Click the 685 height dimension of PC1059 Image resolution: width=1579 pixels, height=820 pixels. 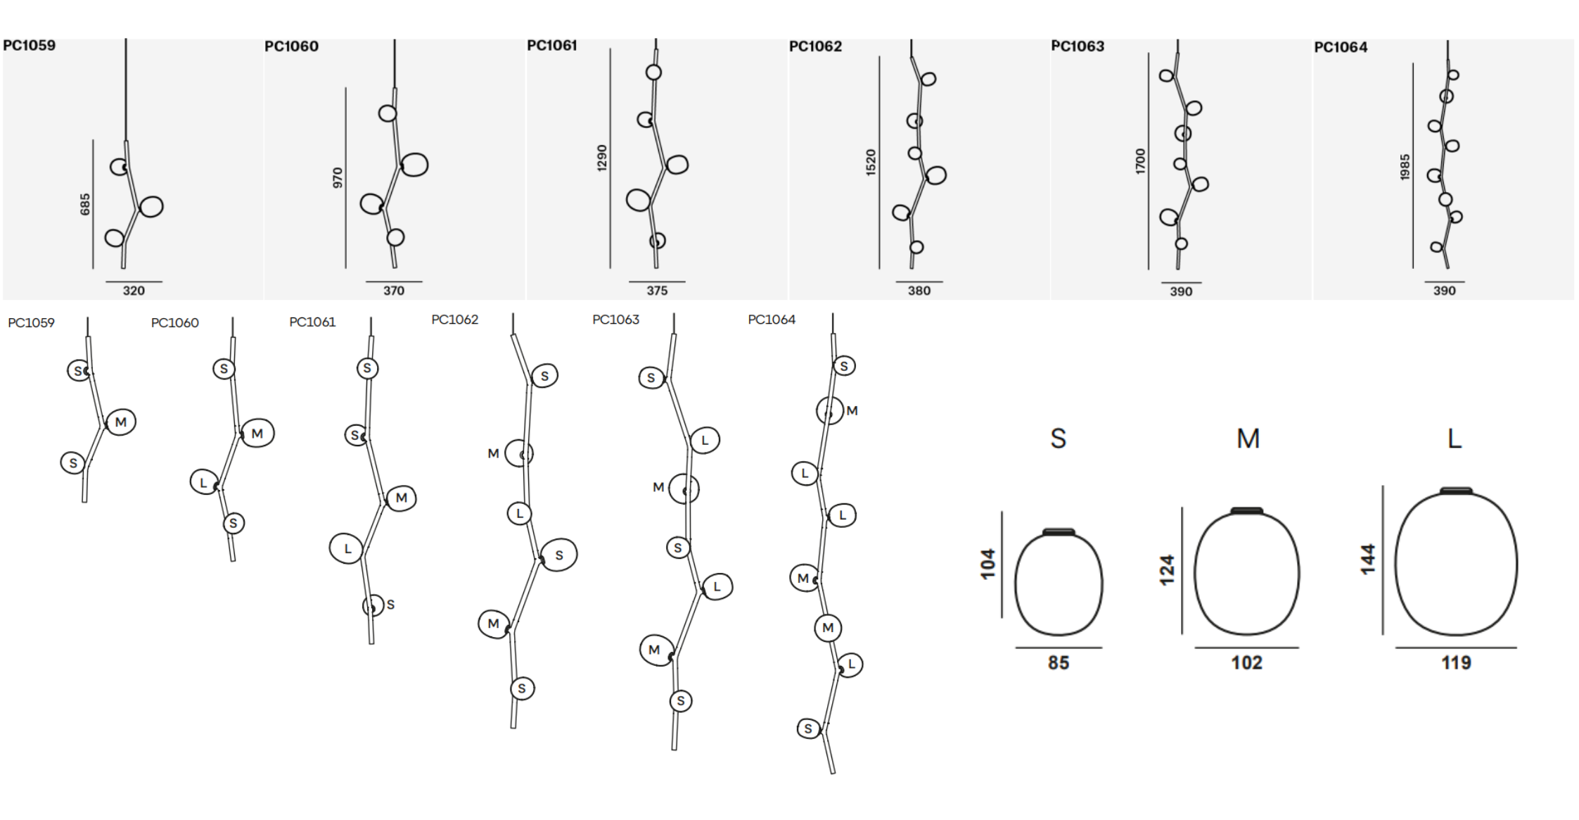point(85,204)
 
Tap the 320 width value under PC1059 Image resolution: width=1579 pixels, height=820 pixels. point(134,291)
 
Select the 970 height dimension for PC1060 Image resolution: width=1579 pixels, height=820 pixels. point(338,177)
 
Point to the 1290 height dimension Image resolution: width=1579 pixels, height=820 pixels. point(602,158)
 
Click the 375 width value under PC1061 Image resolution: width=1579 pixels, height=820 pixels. point(657,291)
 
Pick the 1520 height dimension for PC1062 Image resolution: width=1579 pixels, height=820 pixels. point(871,162)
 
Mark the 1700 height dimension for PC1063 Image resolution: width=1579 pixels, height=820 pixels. point(1140,161)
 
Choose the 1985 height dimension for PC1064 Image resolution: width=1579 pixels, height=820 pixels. point(1405,167)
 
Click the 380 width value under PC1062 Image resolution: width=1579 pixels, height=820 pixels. point(919,291)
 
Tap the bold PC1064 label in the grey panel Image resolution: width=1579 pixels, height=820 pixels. point(1341,47)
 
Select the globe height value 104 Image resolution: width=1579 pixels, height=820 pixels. point(988,564)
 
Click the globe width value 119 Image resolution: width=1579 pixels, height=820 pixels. point(1455,662)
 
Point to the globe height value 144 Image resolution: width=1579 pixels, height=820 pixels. point(1367,559)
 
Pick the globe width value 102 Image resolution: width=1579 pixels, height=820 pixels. point(1246,662)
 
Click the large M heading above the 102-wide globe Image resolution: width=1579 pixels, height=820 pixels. point(1248,439)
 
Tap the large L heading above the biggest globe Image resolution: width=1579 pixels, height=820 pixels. point(1454,439)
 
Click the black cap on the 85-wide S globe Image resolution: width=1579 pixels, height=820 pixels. point(1059,532)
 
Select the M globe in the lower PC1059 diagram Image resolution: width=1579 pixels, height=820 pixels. point(120,422)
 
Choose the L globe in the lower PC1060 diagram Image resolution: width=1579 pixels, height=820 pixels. point(204,482)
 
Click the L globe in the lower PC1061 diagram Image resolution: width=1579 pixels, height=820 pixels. point(346,548)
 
